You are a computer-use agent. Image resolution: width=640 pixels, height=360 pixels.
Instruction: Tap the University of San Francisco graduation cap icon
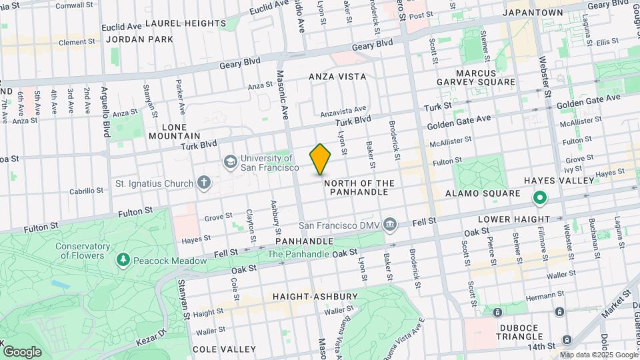point(231,162)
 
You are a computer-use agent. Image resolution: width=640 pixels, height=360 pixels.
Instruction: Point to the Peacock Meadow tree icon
point(123,259)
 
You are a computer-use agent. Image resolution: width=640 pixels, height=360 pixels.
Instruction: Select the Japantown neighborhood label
point(533,12)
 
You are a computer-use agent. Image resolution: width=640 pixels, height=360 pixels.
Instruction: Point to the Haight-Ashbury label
point(315,296)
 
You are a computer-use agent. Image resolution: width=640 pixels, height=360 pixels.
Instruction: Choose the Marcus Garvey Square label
point(485,77)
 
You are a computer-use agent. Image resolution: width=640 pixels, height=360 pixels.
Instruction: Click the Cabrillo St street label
point(86,191)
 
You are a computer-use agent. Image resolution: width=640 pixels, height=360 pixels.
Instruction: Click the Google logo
point(22,351)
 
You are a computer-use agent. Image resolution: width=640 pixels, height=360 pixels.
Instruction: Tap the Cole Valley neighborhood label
point(224,349)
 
